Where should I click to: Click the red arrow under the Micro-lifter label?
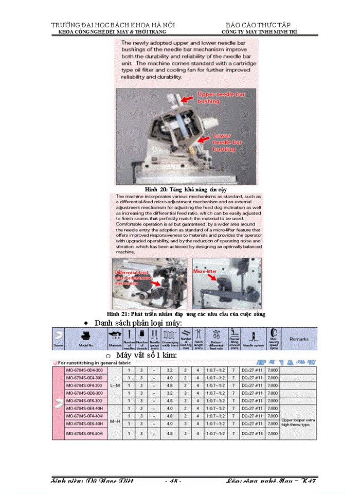[x=212, y=278]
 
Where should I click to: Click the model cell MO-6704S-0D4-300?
[x=84, y=370]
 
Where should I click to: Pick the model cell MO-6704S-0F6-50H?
[x=84, y=434]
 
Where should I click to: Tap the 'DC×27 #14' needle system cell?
[x=252, y=434]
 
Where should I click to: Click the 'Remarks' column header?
[x=299, y=339]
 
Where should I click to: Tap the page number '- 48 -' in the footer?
[x=173, y=481]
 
